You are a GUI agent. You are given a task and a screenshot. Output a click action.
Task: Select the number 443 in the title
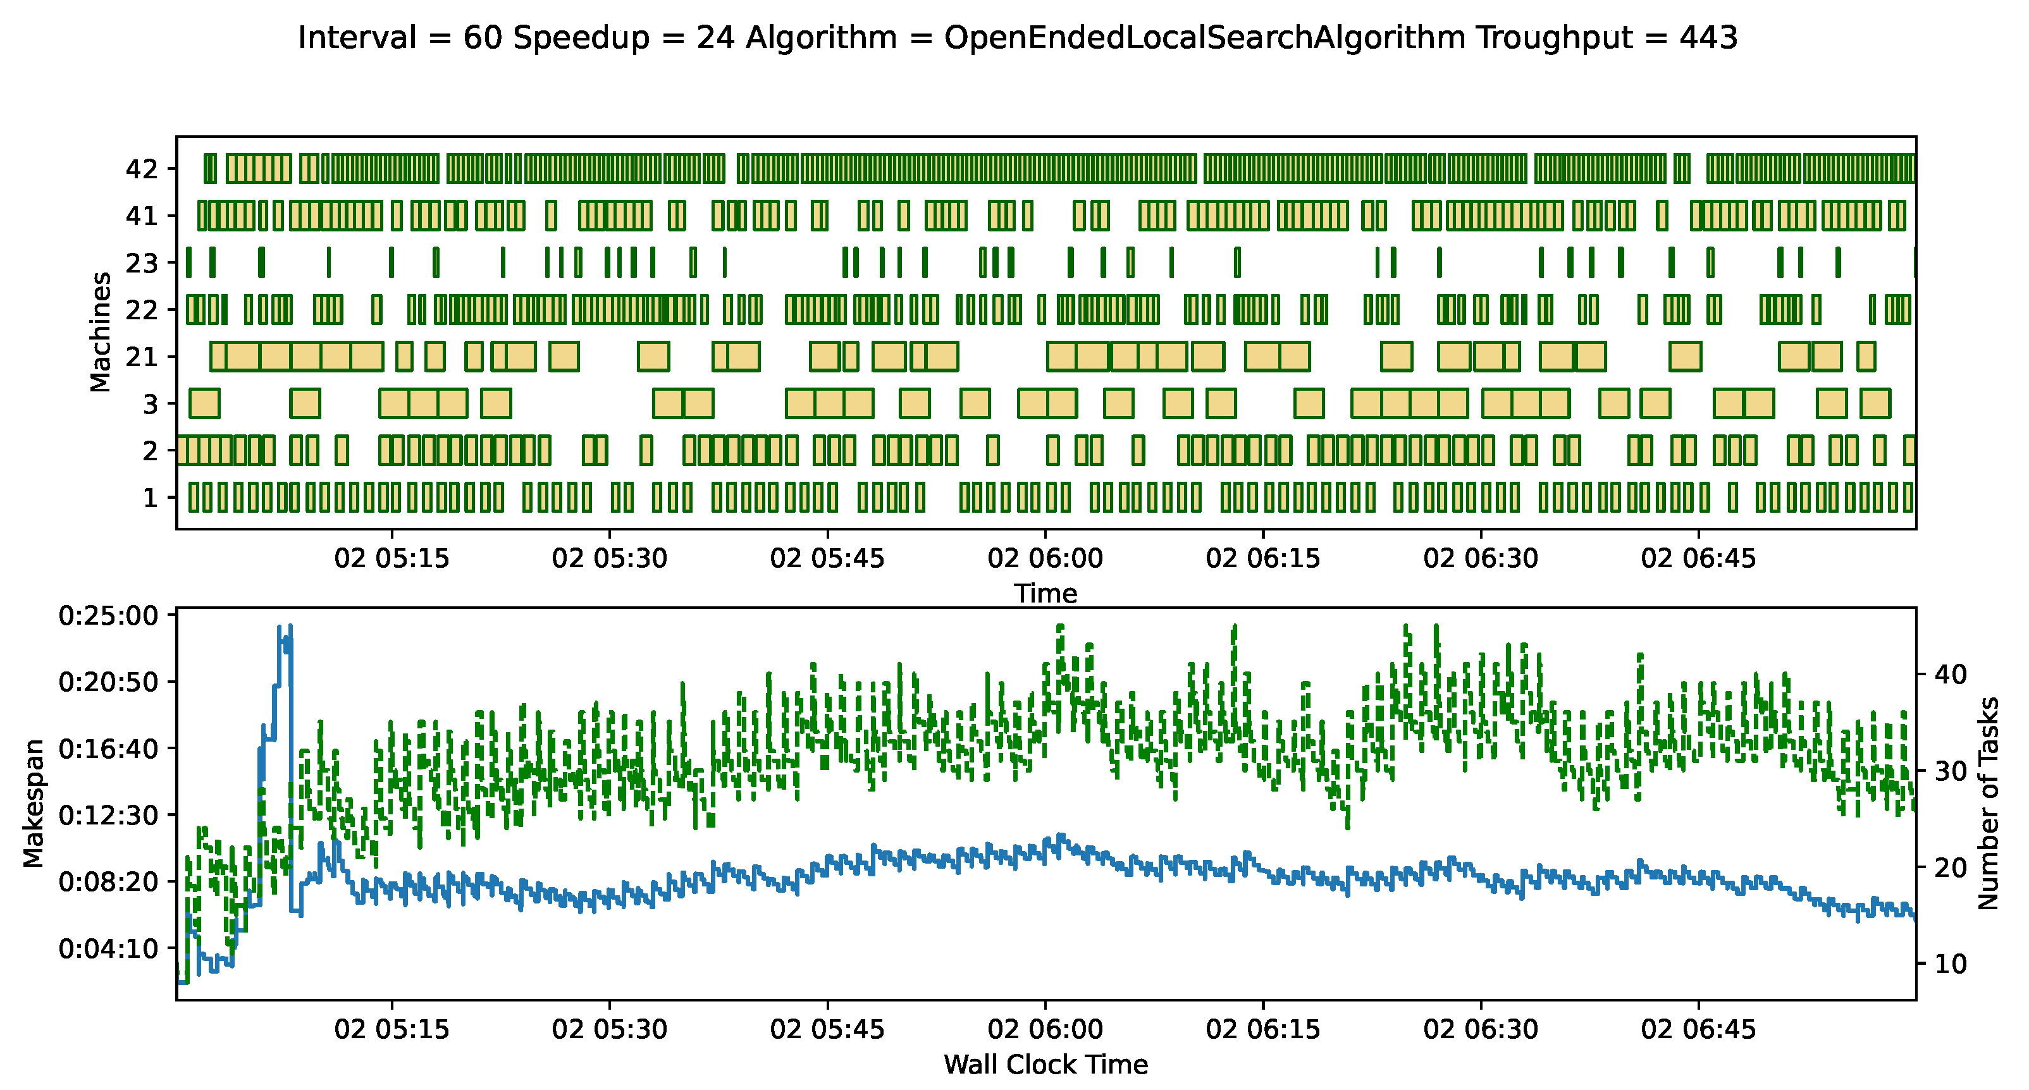tap(1709, 37)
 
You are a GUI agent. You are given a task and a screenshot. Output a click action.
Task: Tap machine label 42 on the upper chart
tap(142, 169)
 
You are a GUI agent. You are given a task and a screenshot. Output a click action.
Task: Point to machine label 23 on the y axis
tap(142, 262)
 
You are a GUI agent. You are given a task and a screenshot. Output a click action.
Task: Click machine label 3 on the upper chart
tap(151, 404)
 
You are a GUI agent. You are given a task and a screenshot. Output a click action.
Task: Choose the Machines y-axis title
tap(100, 331)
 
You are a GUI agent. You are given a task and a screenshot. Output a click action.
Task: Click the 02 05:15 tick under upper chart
tap(392, 558)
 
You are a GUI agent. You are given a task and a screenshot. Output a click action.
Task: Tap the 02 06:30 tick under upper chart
tap(1480, 558)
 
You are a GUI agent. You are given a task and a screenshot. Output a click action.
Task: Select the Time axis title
tap(1045, 593)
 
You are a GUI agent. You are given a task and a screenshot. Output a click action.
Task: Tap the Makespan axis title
tap(33, 804)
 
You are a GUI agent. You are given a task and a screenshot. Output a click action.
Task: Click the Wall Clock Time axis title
tap(1045, 1065)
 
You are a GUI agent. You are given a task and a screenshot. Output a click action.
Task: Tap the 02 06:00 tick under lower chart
tap(1045, 1029)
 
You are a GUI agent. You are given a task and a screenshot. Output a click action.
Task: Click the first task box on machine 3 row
tap(205, 403)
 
